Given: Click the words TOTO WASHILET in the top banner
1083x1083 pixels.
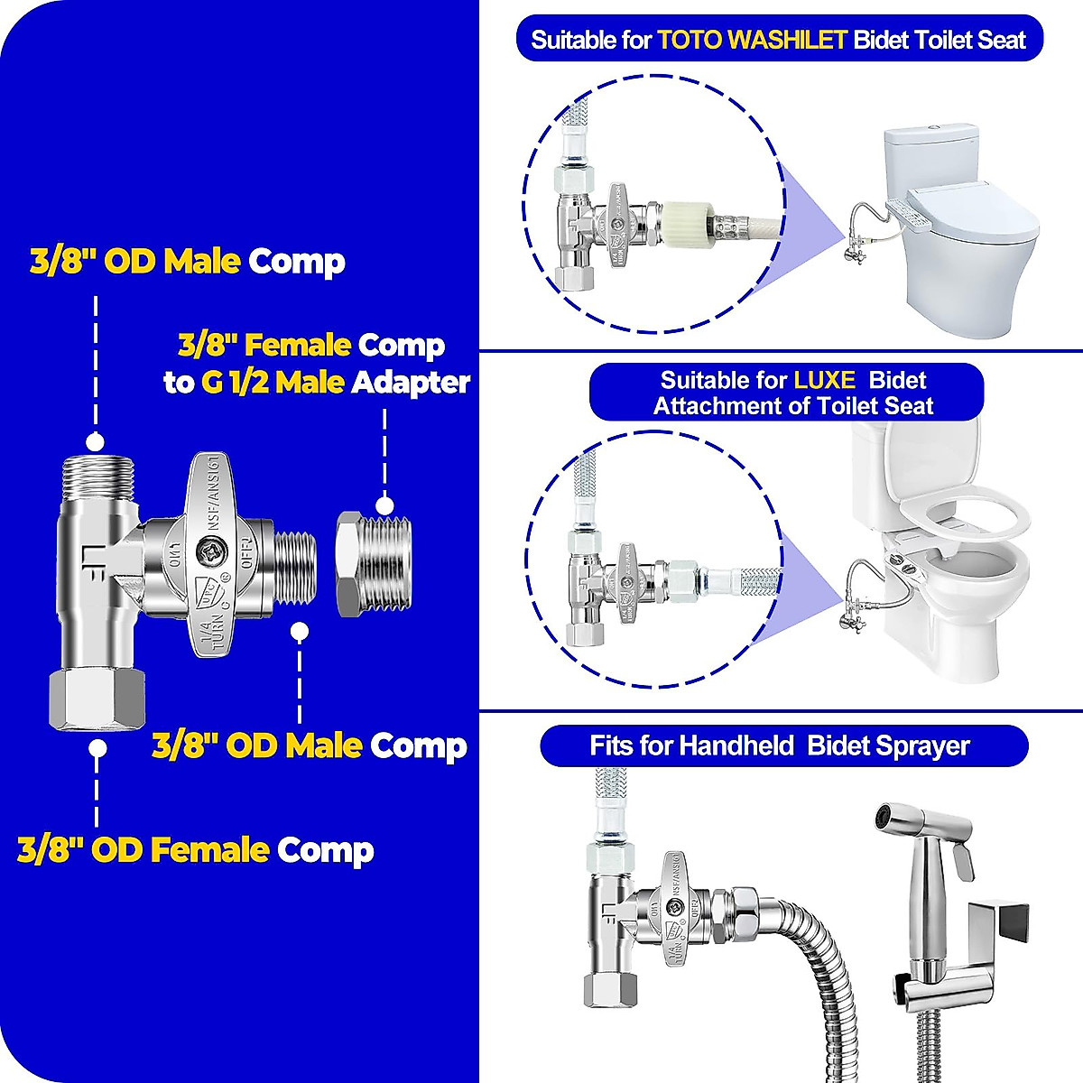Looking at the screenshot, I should point(752,40).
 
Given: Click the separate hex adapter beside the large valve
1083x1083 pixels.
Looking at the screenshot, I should point(370,562).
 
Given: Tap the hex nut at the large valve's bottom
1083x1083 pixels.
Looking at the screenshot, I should point(97,699).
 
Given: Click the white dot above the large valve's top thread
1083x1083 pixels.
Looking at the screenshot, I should point(96,441).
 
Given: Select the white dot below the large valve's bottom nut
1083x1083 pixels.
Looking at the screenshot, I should point(97,748).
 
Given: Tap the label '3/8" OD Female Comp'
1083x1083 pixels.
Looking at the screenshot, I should point(195,850).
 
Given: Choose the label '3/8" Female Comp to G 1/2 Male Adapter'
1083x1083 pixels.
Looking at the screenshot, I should point(316,364).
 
